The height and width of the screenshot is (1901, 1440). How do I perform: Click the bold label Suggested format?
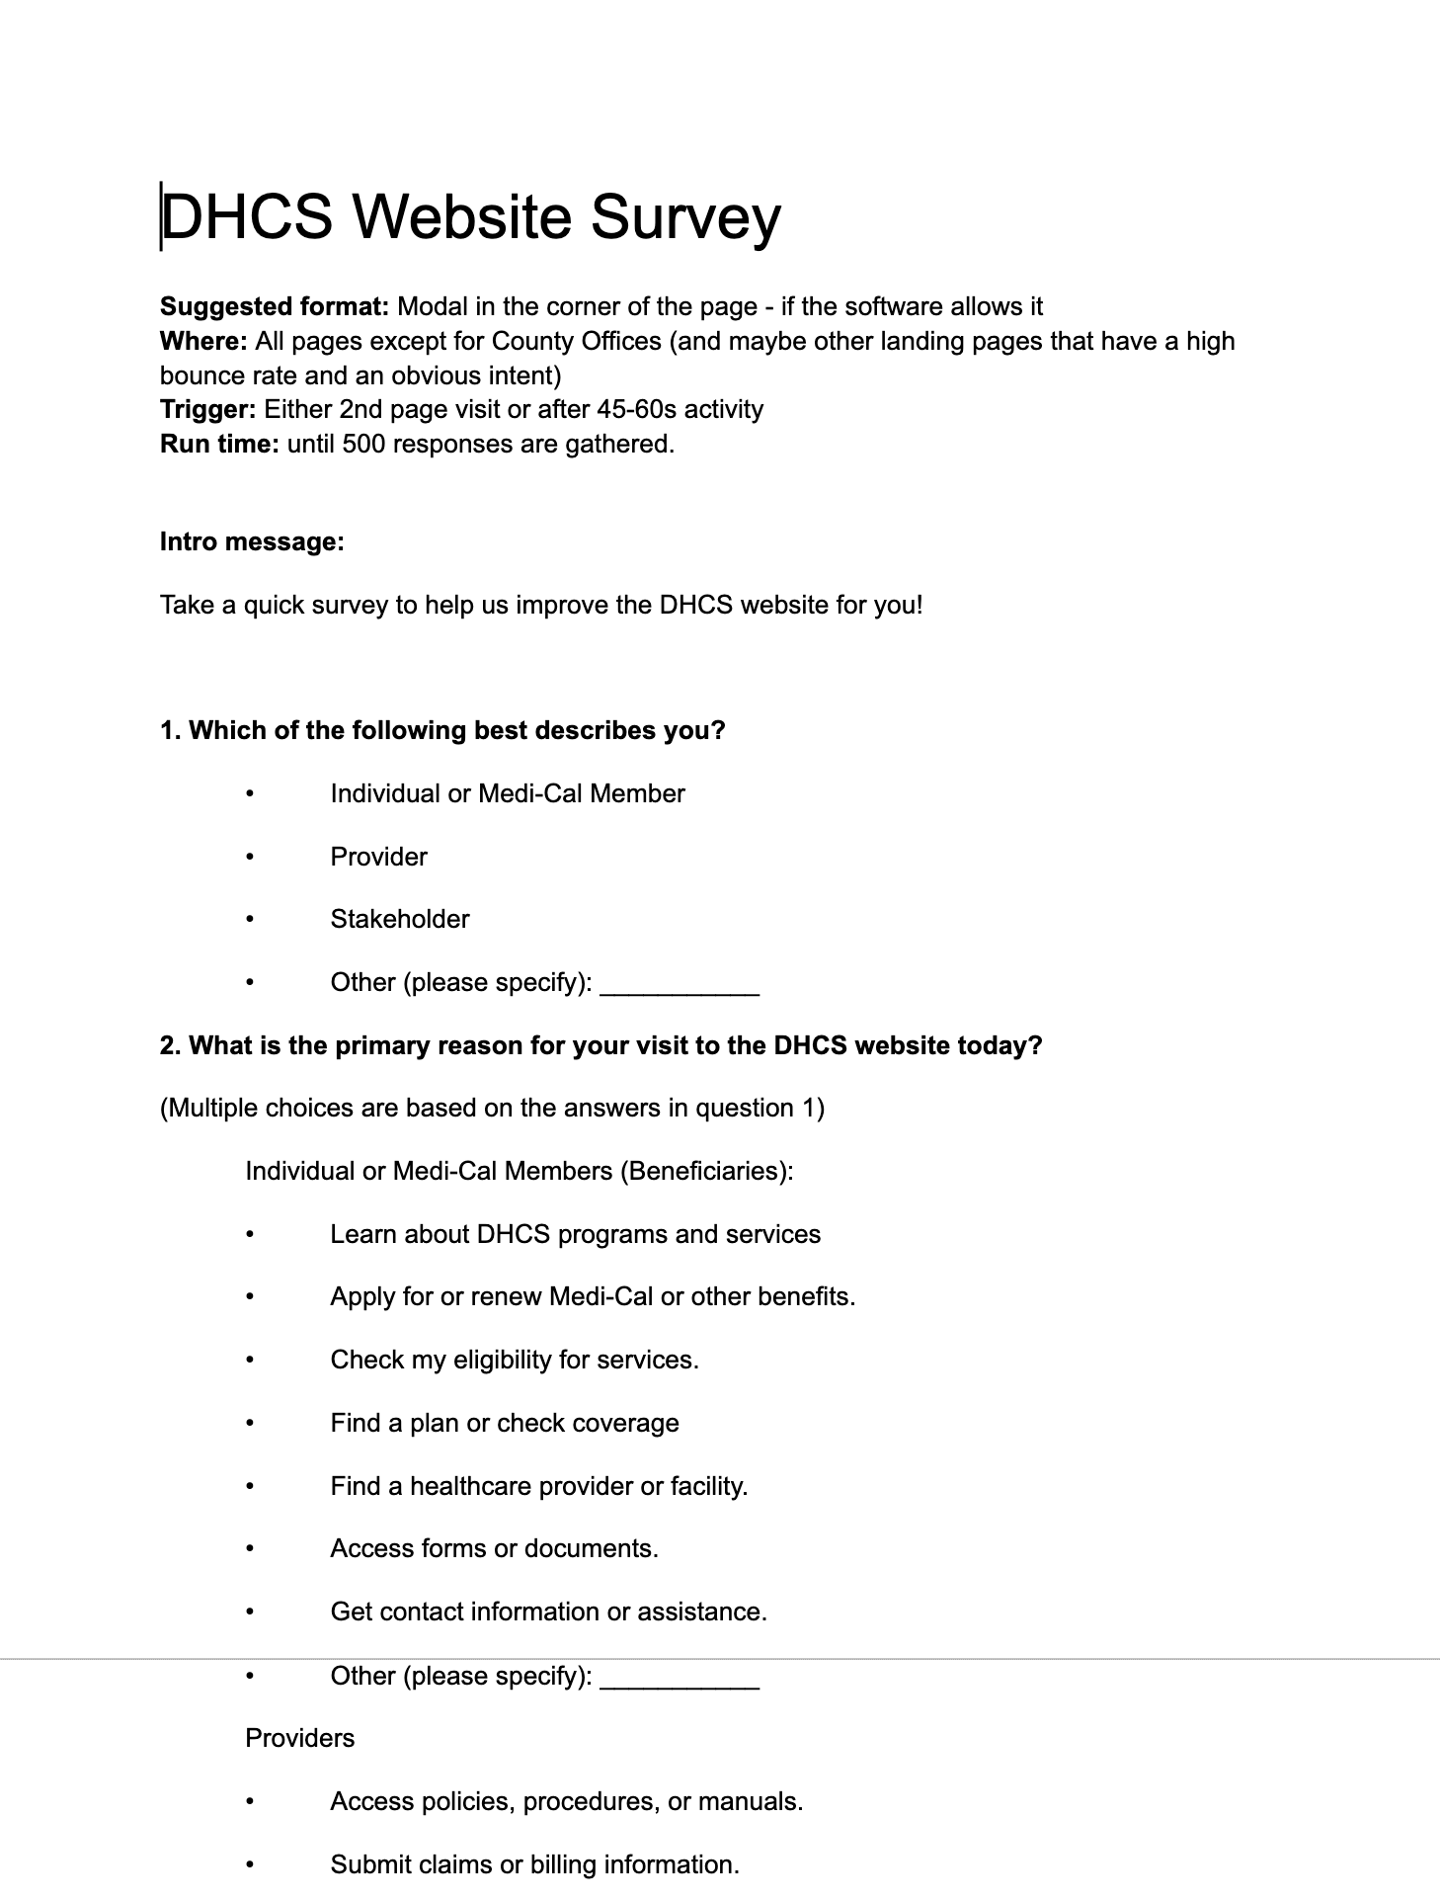click(x=275, y=307)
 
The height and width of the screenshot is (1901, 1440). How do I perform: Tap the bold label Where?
click(x=203, y=342)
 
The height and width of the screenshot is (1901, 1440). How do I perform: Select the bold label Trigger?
click(x=208, y=410)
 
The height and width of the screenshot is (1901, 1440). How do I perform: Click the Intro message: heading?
click(x=252, y=542)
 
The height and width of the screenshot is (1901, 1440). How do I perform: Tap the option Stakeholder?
click(x=400, y=920)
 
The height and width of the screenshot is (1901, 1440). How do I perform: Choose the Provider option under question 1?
click(x=378, y=857)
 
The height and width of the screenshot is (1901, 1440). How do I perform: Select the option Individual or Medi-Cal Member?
click(x=508, y=794)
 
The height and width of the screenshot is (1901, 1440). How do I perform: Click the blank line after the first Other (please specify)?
click(x=680, y=987)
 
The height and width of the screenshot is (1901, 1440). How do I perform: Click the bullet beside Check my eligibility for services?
click(x=251, y=1361)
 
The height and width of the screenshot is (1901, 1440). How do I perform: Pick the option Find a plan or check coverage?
click(x=505, y=1424)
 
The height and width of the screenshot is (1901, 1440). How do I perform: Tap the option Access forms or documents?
click(x=494, y=1549)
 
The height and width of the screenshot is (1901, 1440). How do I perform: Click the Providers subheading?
click(x=299, y=1739)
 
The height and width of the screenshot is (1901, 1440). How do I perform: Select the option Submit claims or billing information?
click(x=534, y=1865)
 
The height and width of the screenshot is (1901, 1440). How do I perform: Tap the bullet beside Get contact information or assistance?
click(x=251, y=1612)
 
